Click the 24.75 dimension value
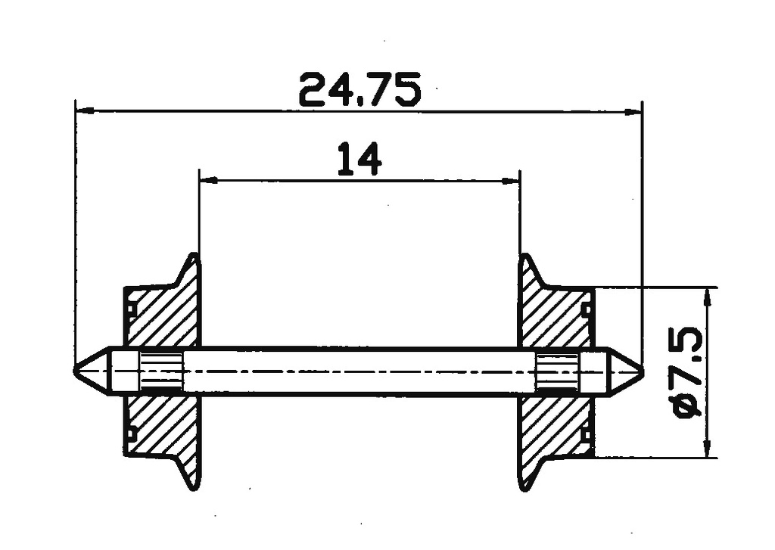click(359, 89)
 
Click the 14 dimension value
click(359, 159)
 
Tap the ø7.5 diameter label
click(689, 374)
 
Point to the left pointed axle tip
click(75, 370)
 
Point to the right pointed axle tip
click(643, 370)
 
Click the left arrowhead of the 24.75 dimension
click(85, 110)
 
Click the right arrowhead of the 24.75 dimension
click(633, 112)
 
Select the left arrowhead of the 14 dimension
click(208, 180)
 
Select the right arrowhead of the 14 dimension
click(511, 180)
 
